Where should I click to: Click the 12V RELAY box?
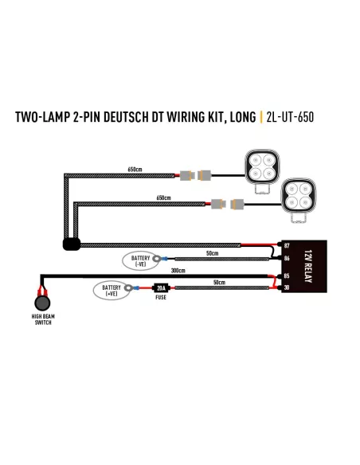tap(304, 266)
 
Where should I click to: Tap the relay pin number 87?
tap(287, 245)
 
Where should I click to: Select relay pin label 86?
tap(287, 258)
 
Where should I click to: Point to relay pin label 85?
tap(287, 275)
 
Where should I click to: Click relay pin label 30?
tap(287, 287)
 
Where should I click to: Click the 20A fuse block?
tap(161, 287)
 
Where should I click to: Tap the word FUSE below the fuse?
tap(161, 297)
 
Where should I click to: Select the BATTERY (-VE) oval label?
tap(140, 260)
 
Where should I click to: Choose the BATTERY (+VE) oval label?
tap(112, 291)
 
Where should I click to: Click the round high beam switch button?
tap(42, 303)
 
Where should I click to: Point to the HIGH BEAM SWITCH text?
tap(43, 319)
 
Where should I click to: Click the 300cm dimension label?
tap(178, 271)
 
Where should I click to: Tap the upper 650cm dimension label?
tap(135, 170)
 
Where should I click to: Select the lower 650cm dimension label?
tap(164, 197)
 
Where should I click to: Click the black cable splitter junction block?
tap(72, 244)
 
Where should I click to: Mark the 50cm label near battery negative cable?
tap(213, 253)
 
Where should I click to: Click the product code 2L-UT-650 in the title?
tap(290, 117)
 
